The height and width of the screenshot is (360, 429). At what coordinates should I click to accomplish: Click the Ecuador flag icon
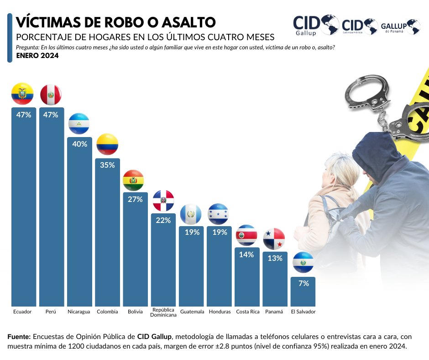click(x=22, y=94)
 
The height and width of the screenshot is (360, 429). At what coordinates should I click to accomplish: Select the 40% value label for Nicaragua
click(x=79, y=144)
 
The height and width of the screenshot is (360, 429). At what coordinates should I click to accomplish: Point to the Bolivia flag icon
click(x=133, y=180)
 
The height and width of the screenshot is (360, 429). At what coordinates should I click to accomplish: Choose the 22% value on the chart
click(x=163, y=220)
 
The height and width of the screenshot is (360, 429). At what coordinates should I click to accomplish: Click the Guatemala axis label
click(x=192, y=312)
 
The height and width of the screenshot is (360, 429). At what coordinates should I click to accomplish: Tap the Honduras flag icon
click(x=218, y=214)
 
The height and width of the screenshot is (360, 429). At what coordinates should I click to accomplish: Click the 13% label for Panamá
click(x=275, y=258)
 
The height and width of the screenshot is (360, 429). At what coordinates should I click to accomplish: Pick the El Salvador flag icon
click(x=303, y=263)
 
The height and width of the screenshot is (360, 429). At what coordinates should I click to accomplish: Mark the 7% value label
click(x=303, y=283)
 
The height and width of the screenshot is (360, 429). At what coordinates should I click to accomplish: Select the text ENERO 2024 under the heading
click(x=37, y=56)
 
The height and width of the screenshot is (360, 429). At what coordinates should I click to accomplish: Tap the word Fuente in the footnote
click(x=19, y=336)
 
